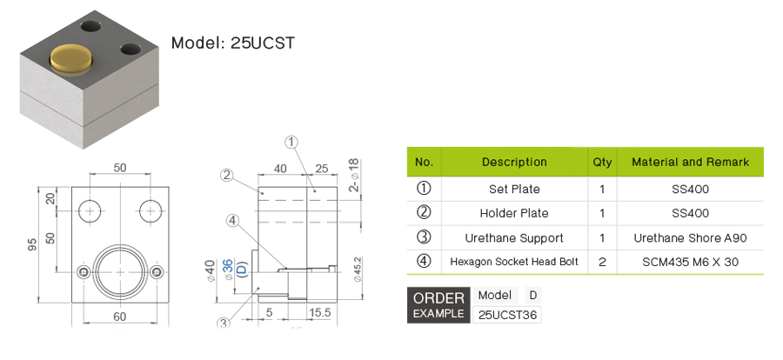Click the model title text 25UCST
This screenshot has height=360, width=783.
pyautogui.click(x=263, y=43)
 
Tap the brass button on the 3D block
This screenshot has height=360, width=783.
pyautogui.click(x=71, y=58)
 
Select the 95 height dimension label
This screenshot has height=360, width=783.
pyautogui.click(x=32, y=244)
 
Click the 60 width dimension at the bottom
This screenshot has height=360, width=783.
pyautogui.click(x=119, y=317)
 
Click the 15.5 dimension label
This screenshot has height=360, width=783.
pyautogui.click(x=319, y=312)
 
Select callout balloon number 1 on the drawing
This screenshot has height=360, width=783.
pyautogui.click(x=291, y=143)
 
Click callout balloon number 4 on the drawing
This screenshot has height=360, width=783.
pyautogui.click(x=232, y=220)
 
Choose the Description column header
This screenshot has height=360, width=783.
pyautogui.click(x=514, y=163)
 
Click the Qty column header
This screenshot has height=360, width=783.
pyautogui.click(x=602, y=163)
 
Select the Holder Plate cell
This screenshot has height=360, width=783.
pyautogui.click(x=514, y=213)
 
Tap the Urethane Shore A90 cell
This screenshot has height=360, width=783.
pyautogui.click(x=690, y=238)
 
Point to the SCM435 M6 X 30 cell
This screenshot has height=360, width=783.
pyautogui.click(x=690, y=262)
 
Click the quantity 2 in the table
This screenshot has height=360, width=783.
pyautogui.click(x=602, y=262)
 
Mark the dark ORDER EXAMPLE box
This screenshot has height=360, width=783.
pyautogui.click(x=438, y=305)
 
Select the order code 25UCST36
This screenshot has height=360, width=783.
pyautogui.click(x=507, y=315)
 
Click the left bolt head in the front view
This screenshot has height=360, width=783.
pyautogui.click(x=83, y=271)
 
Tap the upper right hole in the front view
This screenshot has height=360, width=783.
pyautogui.click(x=150, y=211)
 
